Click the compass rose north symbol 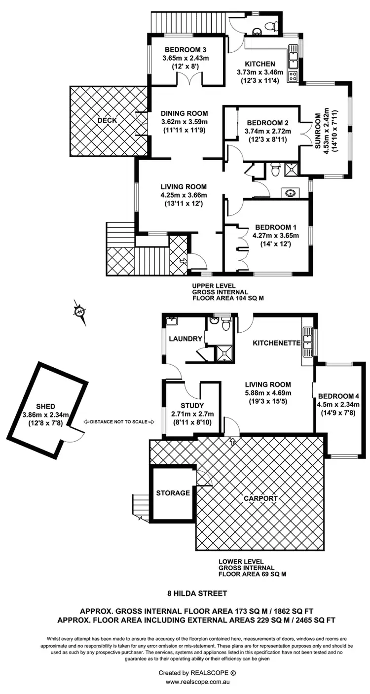pos(79,312)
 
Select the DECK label pos(107,120)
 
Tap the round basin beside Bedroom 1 pos(288,192)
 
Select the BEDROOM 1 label pos(275,227)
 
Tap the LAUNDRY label pos(185,339)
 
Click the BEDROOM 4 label pos(338,396)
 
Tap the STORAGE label pos(173,493)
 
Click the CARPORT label pos(260,498)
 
